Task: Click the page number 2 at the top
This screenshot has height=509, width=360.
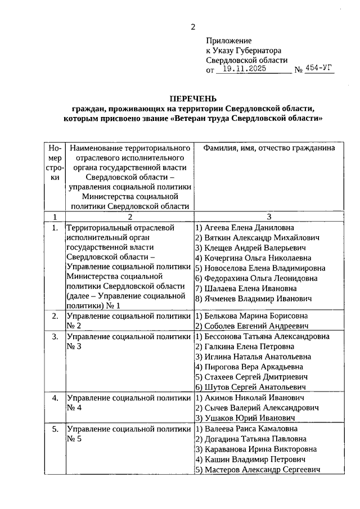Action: pos(193,26)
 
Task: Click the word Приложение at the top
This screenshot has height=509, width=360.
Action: pos(229,41)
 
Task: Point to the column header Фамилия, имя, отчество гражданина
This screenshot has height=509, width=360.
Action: pos(265,148)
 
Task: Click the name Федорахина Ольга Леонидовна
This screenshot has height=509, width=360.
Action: pos(256,278)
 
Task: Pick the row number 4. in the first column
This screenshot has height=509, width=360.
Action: pos(55,398)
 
